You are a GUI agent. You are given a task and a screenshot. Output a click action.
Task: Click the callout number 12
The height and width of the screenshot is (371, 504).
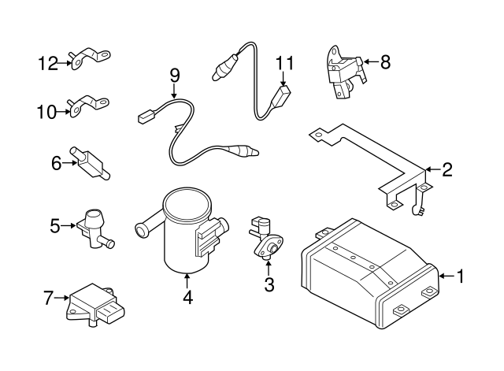click(x=48, y=63)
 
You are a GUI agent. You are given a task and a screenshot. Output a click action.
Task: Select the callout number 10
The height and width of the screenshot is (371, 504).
click(x=47, y=112)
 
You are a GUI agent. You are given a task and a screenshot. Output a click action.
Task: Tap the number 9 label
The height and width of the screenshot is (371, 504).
click(x=175, y=76)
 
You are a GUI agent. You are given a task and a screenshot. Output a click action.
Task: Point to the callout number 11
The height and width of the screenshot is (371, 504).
click(x=285, y=63)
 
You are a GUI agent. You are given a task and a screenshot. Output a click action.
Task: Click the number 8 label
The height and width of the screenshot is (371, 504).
click(x=385, y=61)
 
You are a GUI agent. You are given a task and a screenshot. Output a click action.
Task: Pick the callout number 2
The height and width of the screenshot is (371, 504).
click(x=447, y=169)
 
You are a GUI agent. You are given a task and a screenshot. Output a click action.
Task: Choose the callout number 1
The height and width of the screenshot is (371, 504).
click(x=460, y=276)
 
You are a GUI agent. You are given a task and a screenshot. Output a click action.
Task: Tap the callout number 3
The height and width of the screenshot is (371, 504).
click(x=269, y=284)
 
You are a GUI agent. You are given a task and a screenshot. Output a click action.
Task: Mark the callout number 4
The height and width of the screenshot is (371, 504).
click(x=187, y=298)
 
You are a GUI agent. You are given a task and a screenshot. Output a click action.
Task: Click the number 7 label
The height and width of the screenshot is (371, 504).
click(x=48, y=298)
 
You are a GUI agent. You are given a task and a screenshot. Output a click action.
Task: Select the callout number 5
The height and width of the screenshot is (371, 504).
click(x=55, y=226)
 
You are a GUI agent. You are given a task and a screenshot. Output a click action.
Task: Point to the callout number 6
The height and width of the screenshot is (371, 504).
click(x=56, y=163)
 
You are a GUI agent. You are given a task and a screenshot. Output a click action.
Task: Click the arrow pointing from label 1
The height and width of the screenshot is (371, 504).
click(x=447, y=276)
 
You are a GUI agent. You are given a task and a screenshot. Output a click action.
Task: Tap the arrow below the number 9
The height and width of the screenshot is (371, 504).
click(x=174, y=91)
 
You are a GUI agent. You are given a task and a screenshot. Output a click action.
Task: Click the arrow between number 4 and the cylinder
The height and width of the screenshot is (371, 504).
click(x=187, y=281)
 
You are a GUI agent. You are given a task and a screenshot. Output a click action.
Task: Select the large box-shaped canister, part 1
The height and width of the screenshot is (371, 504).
click(x=369, y=273)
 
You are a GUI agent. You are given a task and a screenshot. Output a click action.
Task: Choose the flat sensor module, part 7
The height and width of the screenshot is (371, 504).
click(x=95, y=305)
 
